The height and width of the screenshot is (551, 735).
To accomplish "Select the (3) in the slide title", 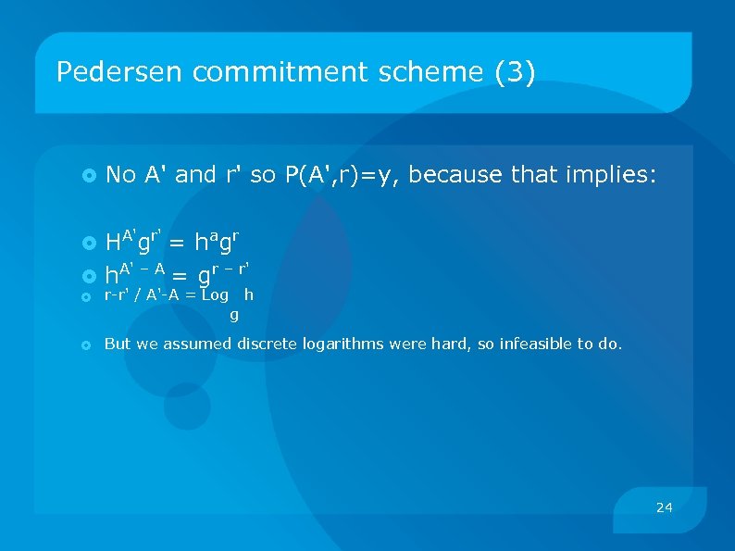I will [x=516, y=72].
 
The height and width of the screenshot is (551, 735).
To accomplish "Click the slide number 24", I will [x=664, y=507].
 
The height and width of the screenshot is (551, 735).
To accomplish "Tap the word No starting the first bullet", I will [x=121, y=174].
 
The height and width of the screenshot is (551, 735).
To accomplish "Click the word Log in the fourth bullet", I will [x=215, y=294].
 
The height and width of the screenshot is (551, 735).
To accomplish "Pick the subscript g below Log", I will [x=234, y=315].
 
